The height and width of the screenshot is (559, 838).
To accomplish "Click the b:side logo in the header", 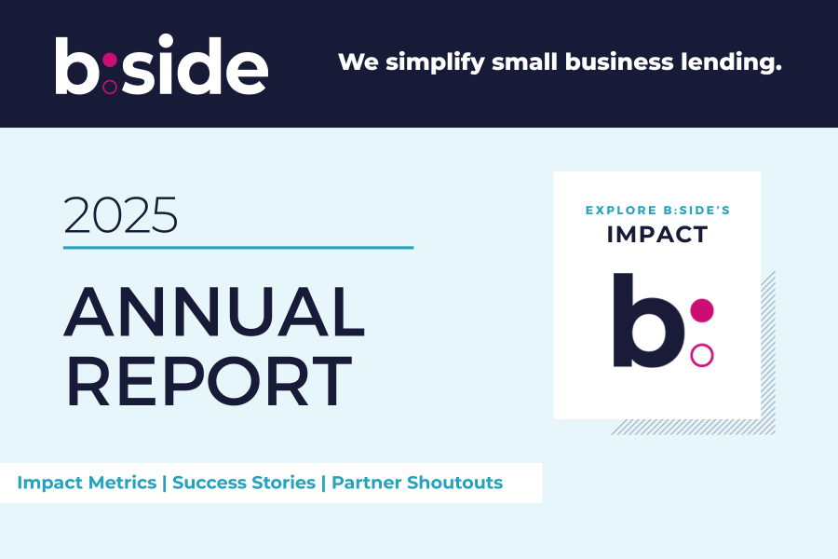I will coord(161,65).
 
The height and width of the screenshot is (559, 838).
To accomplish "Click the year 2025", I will coord(120,215).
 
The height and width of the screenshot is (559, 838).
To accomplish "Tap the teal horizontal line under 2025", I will coord(237,248).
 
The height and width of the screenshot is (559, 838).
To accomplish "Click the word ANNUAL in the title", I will coord(214,312).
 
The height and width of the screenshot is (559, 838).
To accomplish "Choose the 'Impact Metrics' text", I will coord(87,483).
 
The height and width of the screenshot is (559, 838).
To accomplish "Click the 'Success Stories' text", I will coord(244,483).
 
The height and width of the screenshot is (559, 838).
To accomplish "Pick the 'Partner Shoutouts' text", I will coord(417,483).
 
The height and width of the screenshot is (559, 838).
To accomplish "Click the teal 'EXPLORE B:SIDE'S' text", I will coord(657,211).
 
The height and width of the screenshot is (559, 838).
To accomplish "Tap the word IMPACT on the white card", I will coord(657,235).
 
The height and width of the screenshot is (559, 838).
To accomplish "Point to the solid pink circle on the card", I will coord(702,310).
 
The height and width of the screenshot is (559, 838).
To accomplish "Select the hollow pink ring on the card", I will coord(702,355).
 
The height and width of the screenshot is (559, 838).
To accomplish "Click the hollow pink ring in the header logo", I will coord(110,87).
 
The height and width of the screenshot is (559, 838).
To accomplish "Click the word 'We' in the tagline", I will coord(355,62).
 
